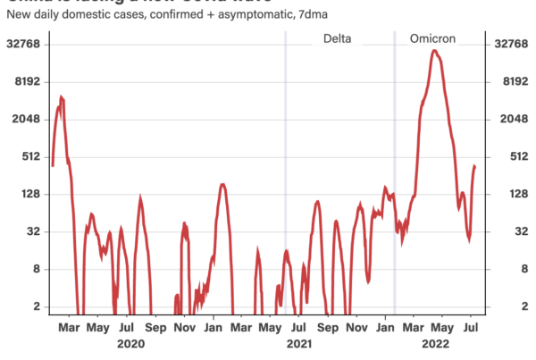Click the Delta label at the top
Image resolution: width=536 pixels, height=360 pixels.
(337, 39)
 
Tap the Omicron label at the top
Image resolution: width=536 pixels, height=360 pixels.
(432, 39)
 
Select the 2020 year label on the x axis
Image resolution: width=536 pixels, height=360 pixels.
(130, 343)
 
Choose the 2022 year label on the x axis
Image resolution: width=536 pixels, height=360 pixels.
(437, 343)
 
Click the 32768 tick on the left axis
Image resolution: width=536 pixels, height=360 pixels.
(28, 44)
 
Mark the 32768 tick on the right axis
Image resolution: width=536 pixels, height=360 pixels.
(507, 44)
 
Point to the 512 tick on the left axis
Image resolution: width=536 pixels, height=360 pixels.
(34, 156)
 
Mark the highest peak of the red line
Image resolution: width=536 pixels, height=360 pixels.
(433, 51)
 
